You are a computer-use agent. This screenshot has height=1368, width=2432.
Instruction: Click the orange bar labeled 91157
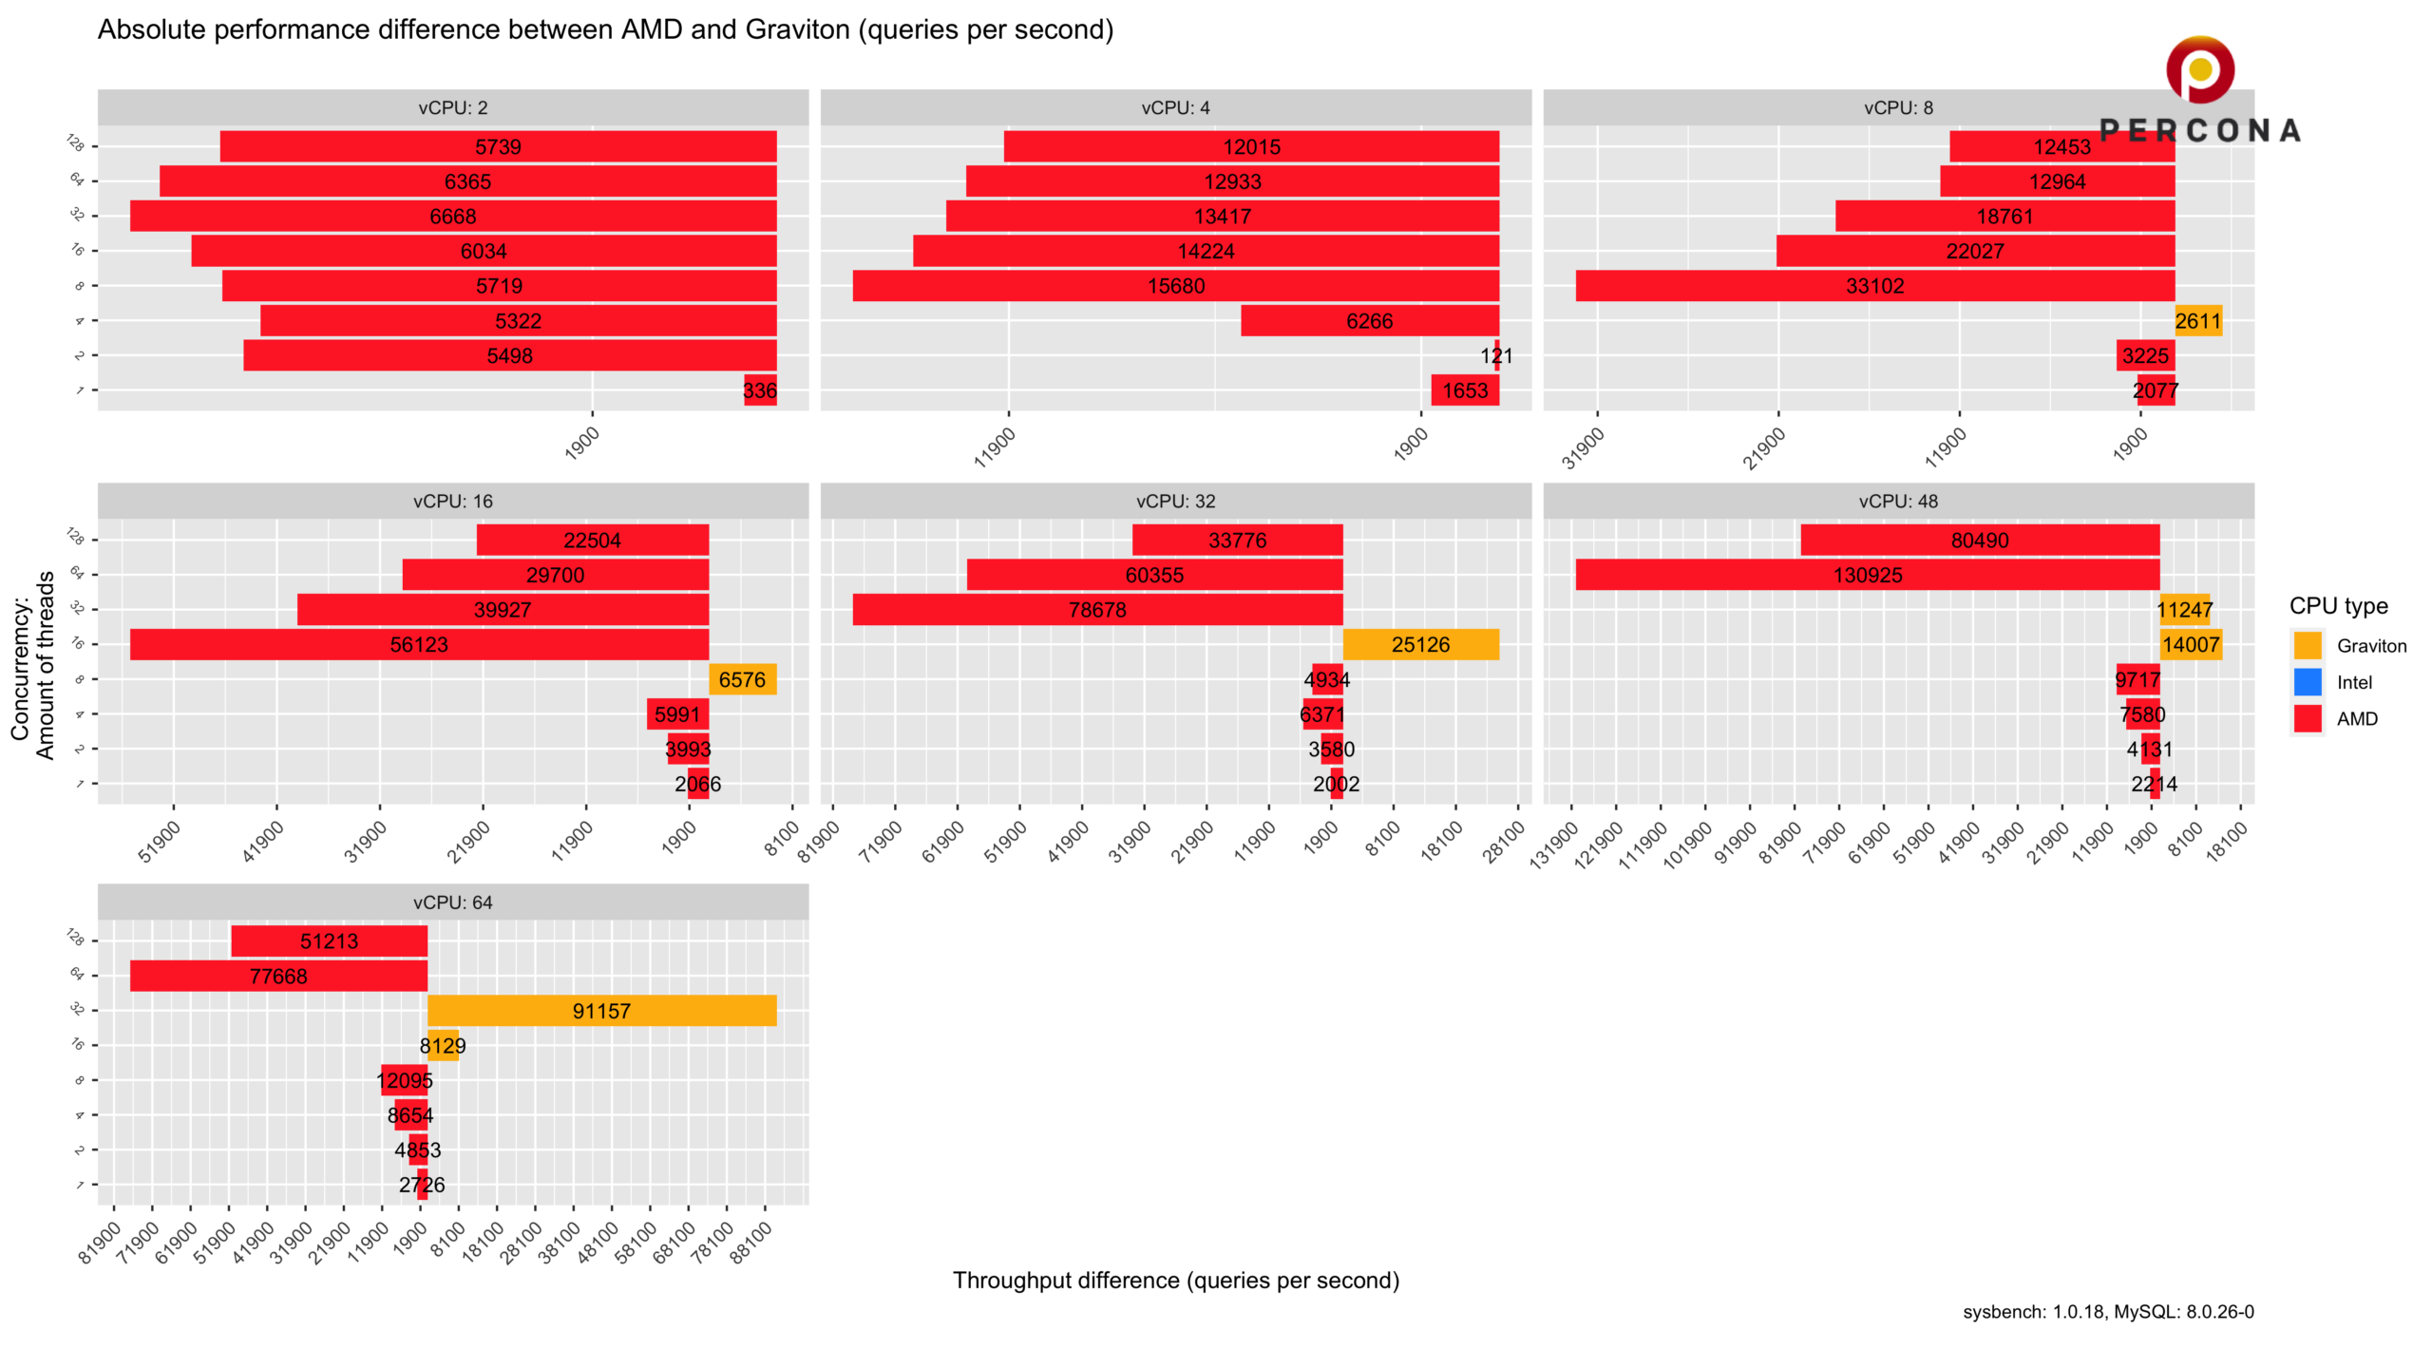tap(602, 1011)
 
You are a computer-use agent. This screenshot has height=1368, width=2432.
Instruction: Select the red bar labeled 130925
tap(1868, 575)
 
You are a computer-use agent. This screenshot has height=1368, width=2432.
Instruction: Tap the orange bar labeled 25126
tap(1421, 645)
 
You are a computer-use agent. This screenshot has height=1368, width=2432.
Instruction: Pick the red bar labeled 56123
tap(419, 645)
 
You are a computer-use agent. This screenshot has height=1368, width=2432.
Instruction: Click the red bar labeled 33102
tap(1875, 286)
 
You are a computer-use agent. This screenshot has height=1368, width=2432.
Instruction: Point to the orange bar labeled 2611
tap(2198, 321)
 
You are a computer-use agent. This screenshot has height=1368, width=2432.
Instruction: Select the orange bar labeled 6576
tap(742, 679)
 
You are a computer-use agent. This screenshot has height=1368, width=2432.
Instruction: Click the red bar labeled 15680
tap(1176, 286)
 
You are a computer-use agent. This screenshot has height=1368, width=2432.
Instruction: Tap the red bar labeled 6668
tap(453, 217)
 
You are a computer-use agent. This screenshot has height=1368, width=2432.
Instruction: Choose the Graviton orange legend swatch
tap(2308, 646)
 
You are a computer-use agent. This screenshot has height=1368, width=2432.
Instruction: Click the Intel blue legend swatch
tap(2308, 682)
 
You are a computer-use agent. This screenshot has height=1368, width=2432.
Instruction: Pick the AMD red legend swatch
tap(2308, 719)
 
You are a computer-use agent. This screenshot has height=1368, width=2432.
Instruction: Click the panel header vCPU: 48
tap(1898, 502)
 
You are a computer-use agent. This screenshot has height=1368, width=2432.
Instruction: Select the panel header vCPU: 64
tap(453, 902)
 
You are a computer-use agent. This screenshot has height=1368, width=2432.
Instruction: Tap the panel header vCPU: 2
tap(453, 108)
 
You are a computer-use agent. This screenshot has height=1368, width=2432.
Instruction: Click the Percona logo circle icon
tap(2200, 69)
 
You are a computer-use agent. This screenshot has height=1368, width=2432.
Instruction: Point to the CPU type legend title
tap(2338, 606)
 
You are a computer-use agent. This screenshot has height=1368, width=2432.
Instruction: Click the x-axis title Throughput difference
tap(1176, 1281)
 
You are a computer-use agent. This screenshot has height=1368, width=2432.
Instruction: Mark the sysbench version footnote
tap(2108, 1312)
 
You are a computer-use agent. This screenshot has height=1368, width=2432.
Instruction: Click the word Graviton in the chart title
tap(797, 29)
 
